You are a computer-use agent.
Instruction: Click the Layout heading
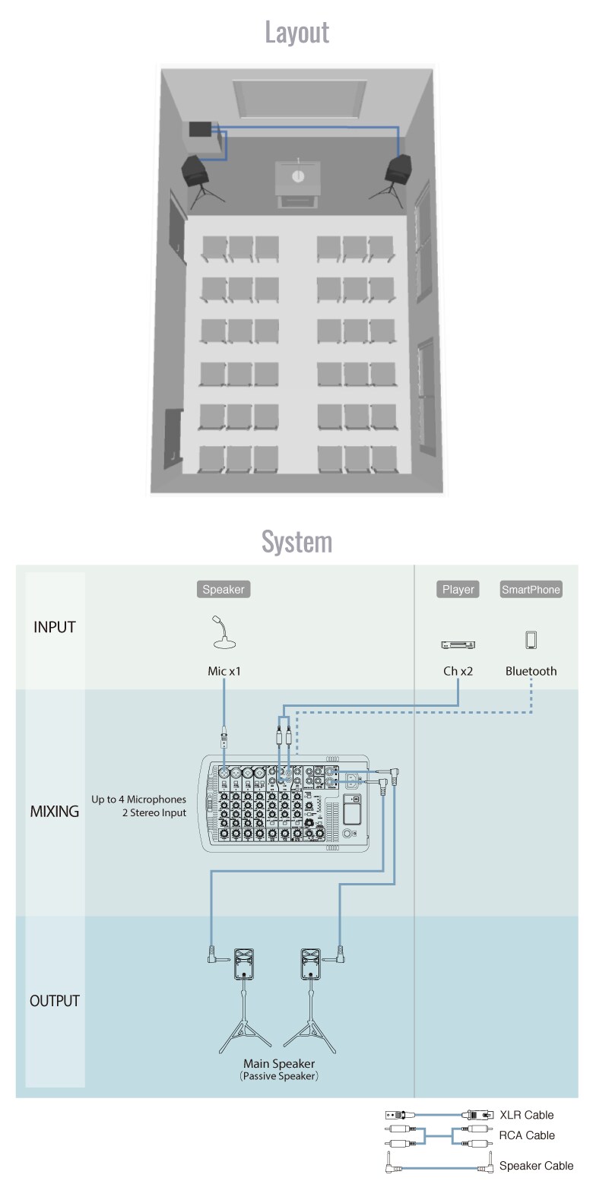coord(296,32)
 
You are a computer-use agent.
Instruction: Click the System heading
coord(296,542)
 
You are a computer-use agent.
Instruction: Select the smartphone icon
coord(531,640)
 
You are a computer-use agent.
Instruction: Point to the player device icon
coord(458,644)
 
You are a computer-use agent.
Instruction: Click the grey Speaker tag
coord(224,589)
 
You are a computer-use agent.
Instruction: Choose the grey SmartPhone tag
coord(531,589)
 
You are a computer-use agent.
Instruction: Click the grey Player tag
coord(458,589)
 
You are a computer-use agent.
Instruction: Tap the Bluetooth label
coord(531,671)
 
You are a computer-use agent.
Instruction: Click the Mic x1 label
coord(224,671)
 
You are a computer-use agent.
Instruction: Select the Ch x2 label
coord(458,671)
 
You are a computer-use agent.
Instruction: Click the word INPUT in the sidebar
coord(55,627)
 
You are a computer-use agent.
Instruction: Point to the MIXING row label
coord(55,811)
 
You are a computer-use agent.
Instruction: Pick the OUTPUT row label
coord(55,1001)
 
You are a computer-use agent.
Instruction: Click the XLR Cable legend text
coord(526,1115)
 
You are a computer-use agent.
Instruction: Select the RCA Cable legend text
coord(527,1135)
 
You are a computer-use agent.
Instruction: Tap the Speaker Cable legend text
coord(536,1166)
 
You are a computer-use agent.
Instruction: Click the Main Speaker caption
coord(279,1064)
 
